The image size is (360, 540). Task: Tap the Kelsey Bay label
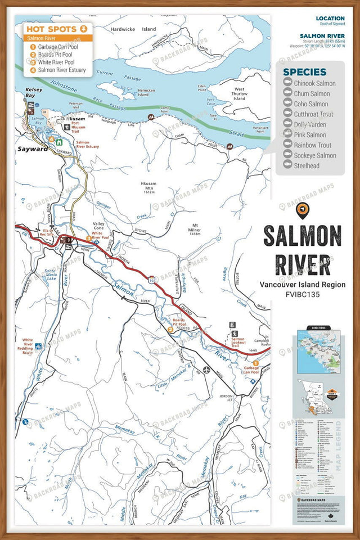pos(26,93)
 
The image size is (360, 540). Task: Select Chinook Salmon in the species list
pos(314,83)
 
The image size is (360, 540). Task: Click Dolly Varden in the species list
pos(311,124)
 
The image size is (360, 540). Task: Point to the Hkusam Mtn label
pos(150,187)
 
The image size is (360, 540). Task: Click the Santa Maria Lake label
pos(51,275)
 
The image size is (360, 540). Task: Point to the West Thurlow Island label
pos(240,94)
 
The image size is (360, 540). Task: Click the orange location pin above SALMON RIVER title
pos(303,210)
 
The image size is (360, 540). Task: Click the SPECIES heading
pos(304,72)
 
